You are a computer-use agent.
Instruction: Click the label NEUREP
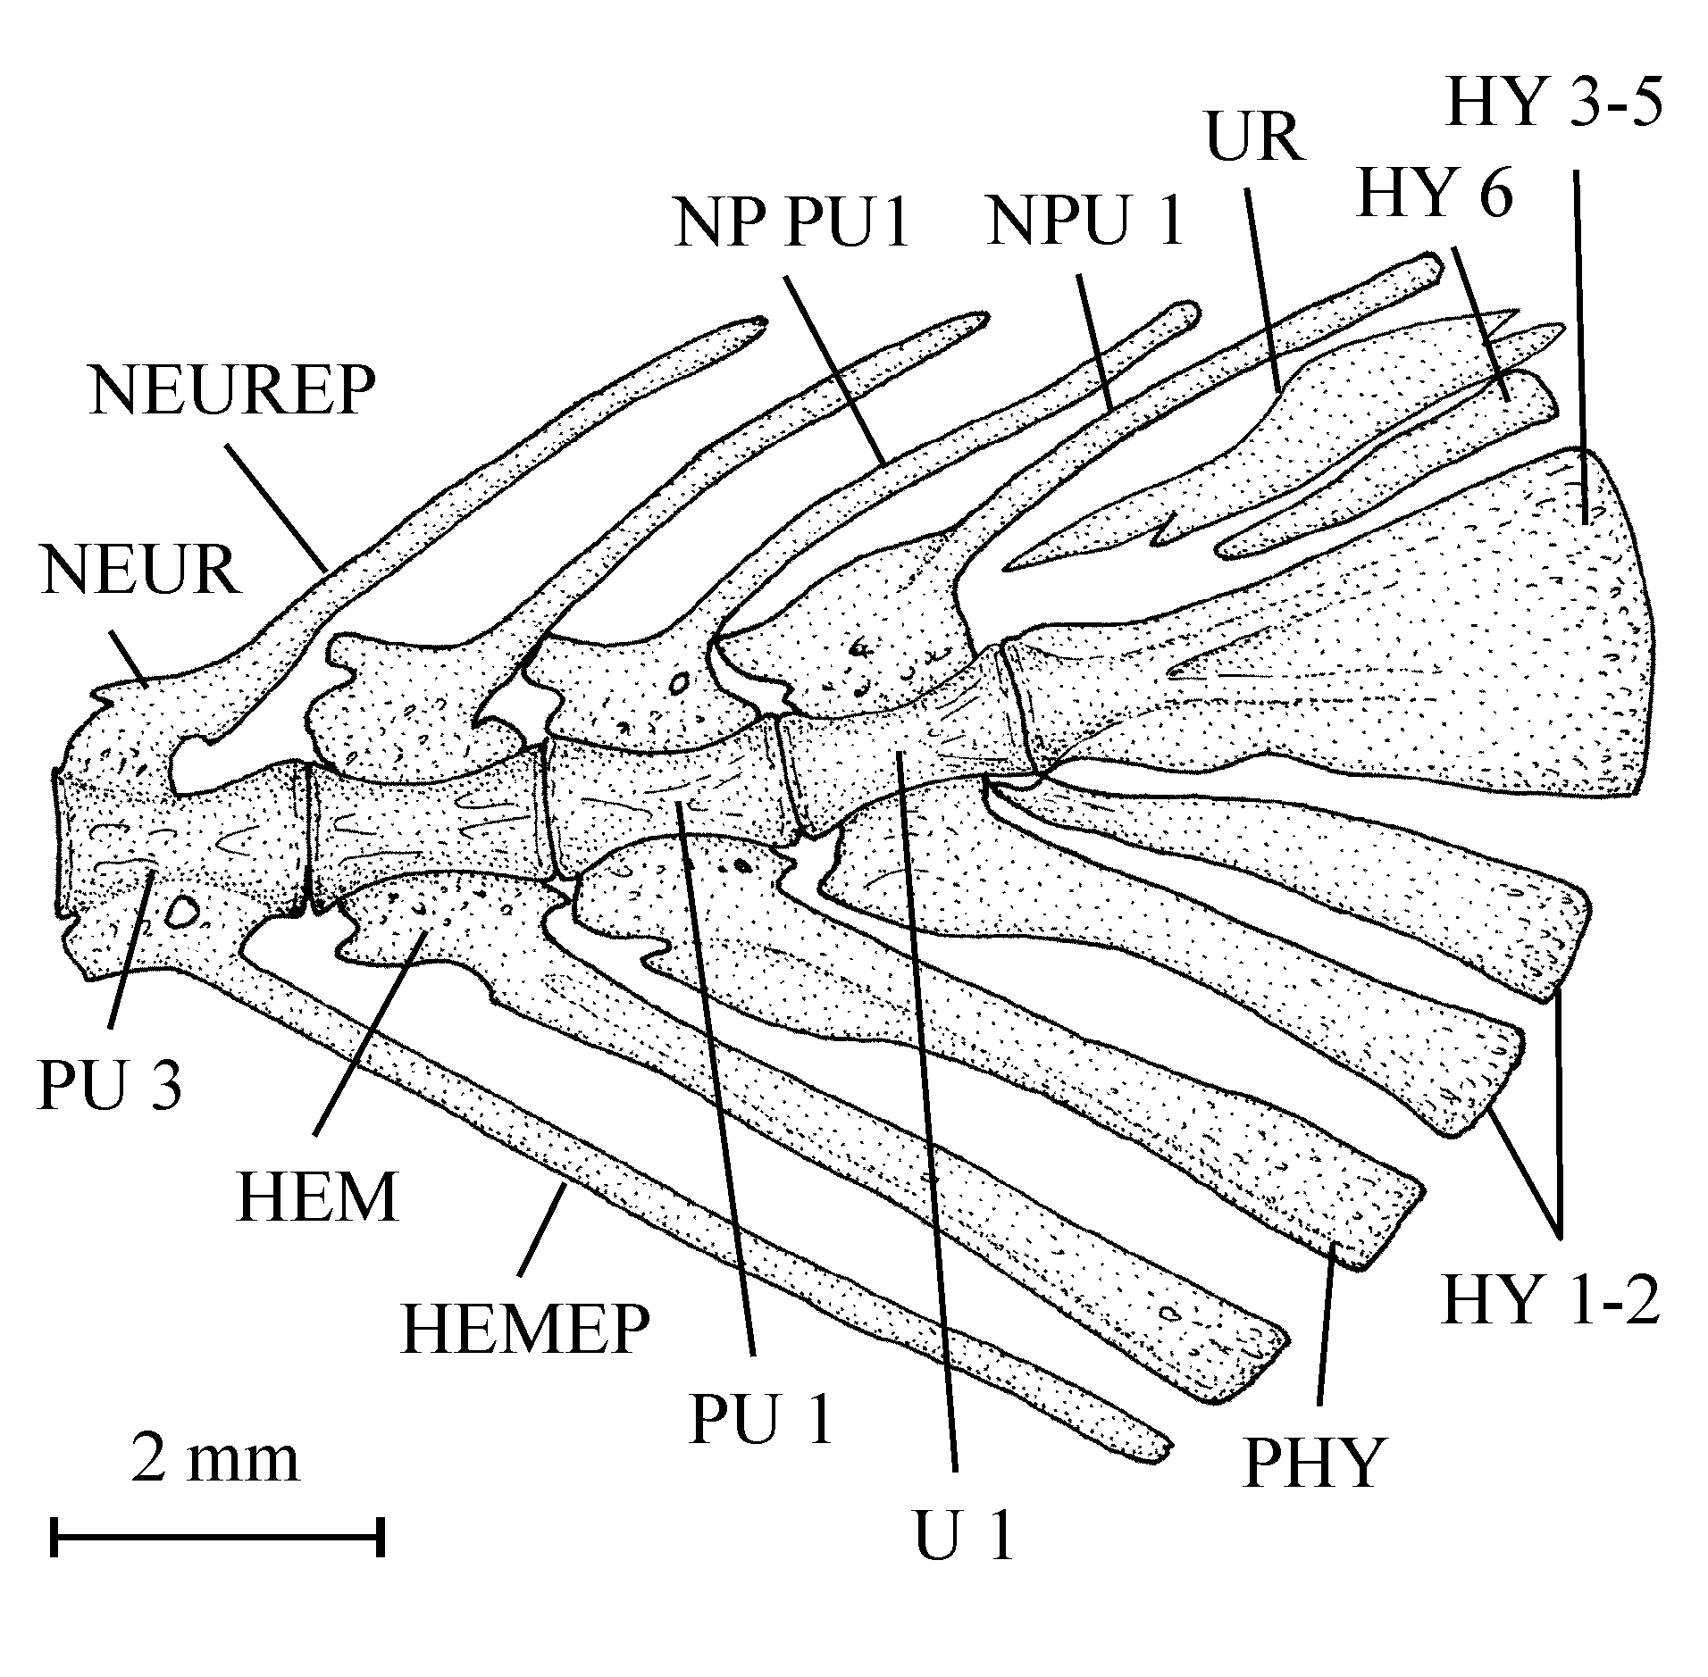pyautogui.click(x=233, y=389)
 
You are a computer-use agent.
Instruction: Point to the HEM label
pyautogui.click(x=317, y=1197)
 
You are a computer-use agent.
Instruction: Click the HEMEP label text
pyautogui.click(x=525, y=1330)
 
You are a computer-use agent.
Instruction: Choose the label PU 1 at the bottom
pyautogui.click(x=762, y=1420)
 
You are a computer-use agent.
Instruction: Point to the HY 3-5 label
pyautogui.click(x=1555, y=104)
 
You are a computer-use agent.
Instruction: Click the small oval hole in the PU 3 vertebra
pyautogui.click(x=182, y=911)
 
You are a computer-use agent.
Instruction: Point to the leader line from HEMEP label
pyautogui.click(x=542, y=1229)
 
